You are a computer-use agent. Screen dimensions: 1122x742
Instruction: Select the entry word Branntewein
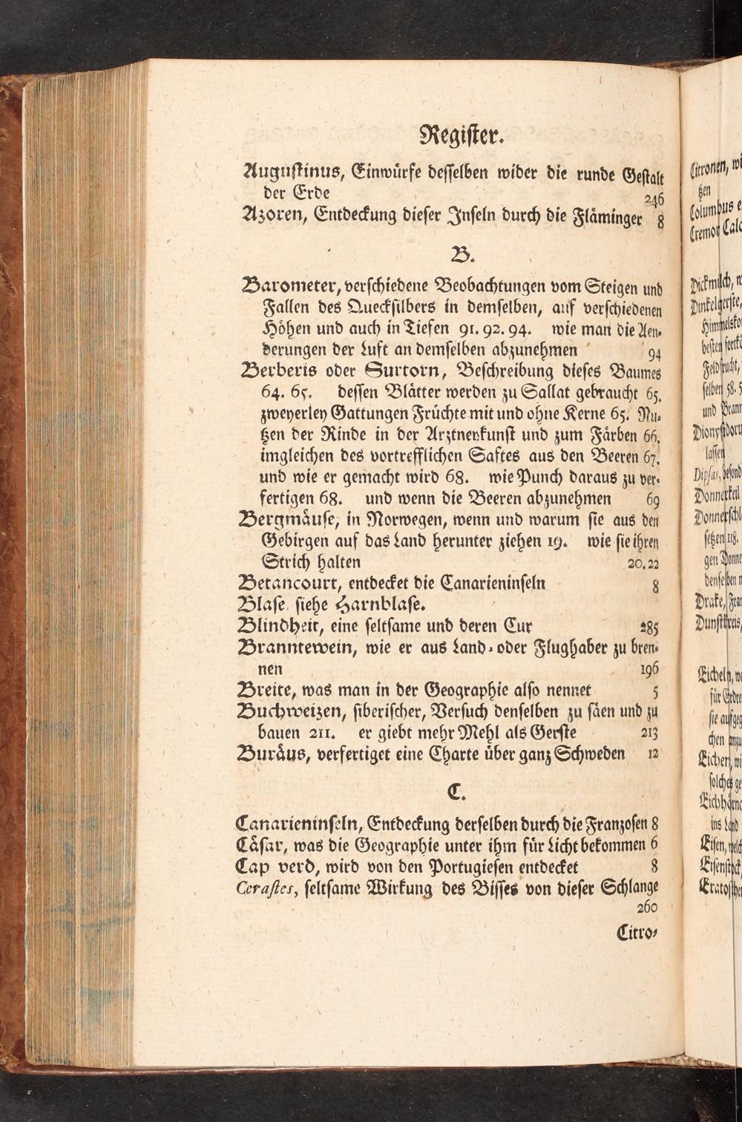tap(298, 647)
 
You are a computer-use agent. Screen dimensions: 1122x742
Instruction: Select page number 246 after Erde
tap(653, 200)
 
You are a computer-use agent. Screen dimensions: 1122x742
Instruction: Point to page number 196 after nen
tap(649, 668)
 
